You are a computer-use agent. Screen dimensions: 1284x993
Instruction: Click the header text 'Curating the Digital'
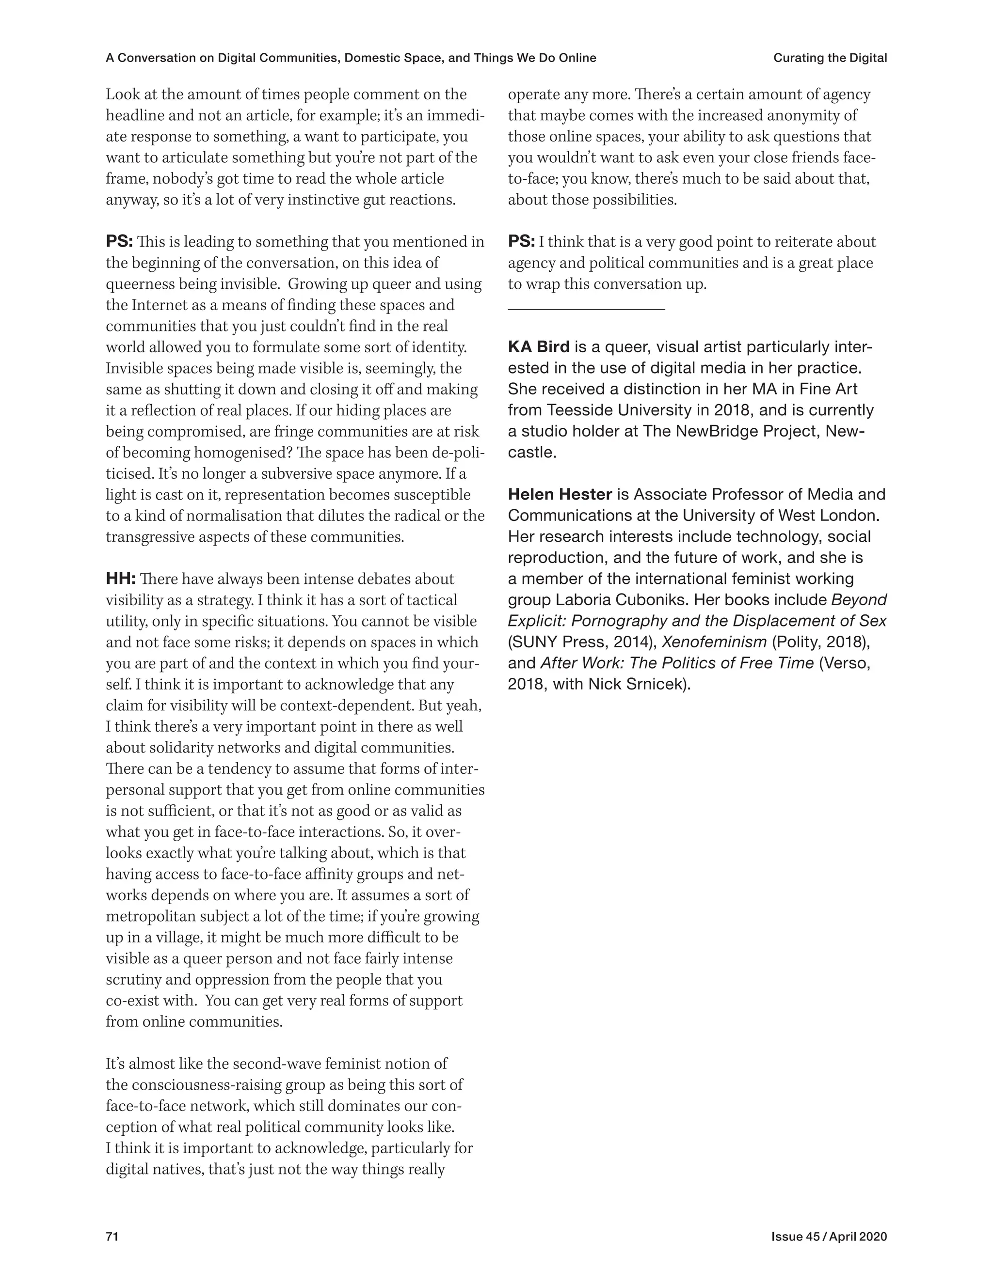(830, 58)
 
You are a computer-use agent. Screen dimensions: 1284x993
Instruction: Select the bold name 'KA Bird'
(538, 347)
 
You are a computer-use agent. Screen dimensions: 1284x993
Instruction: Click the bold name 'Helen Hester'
(560, 494)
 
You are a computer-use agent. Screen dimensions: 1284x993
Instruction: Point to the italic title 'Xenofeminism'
(714, 642)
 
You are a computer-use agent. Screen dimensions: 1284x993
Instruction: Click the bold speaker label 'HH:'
(121, 579)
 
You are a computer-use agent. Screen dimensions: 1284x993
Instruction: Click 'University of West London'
(780, 516)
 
